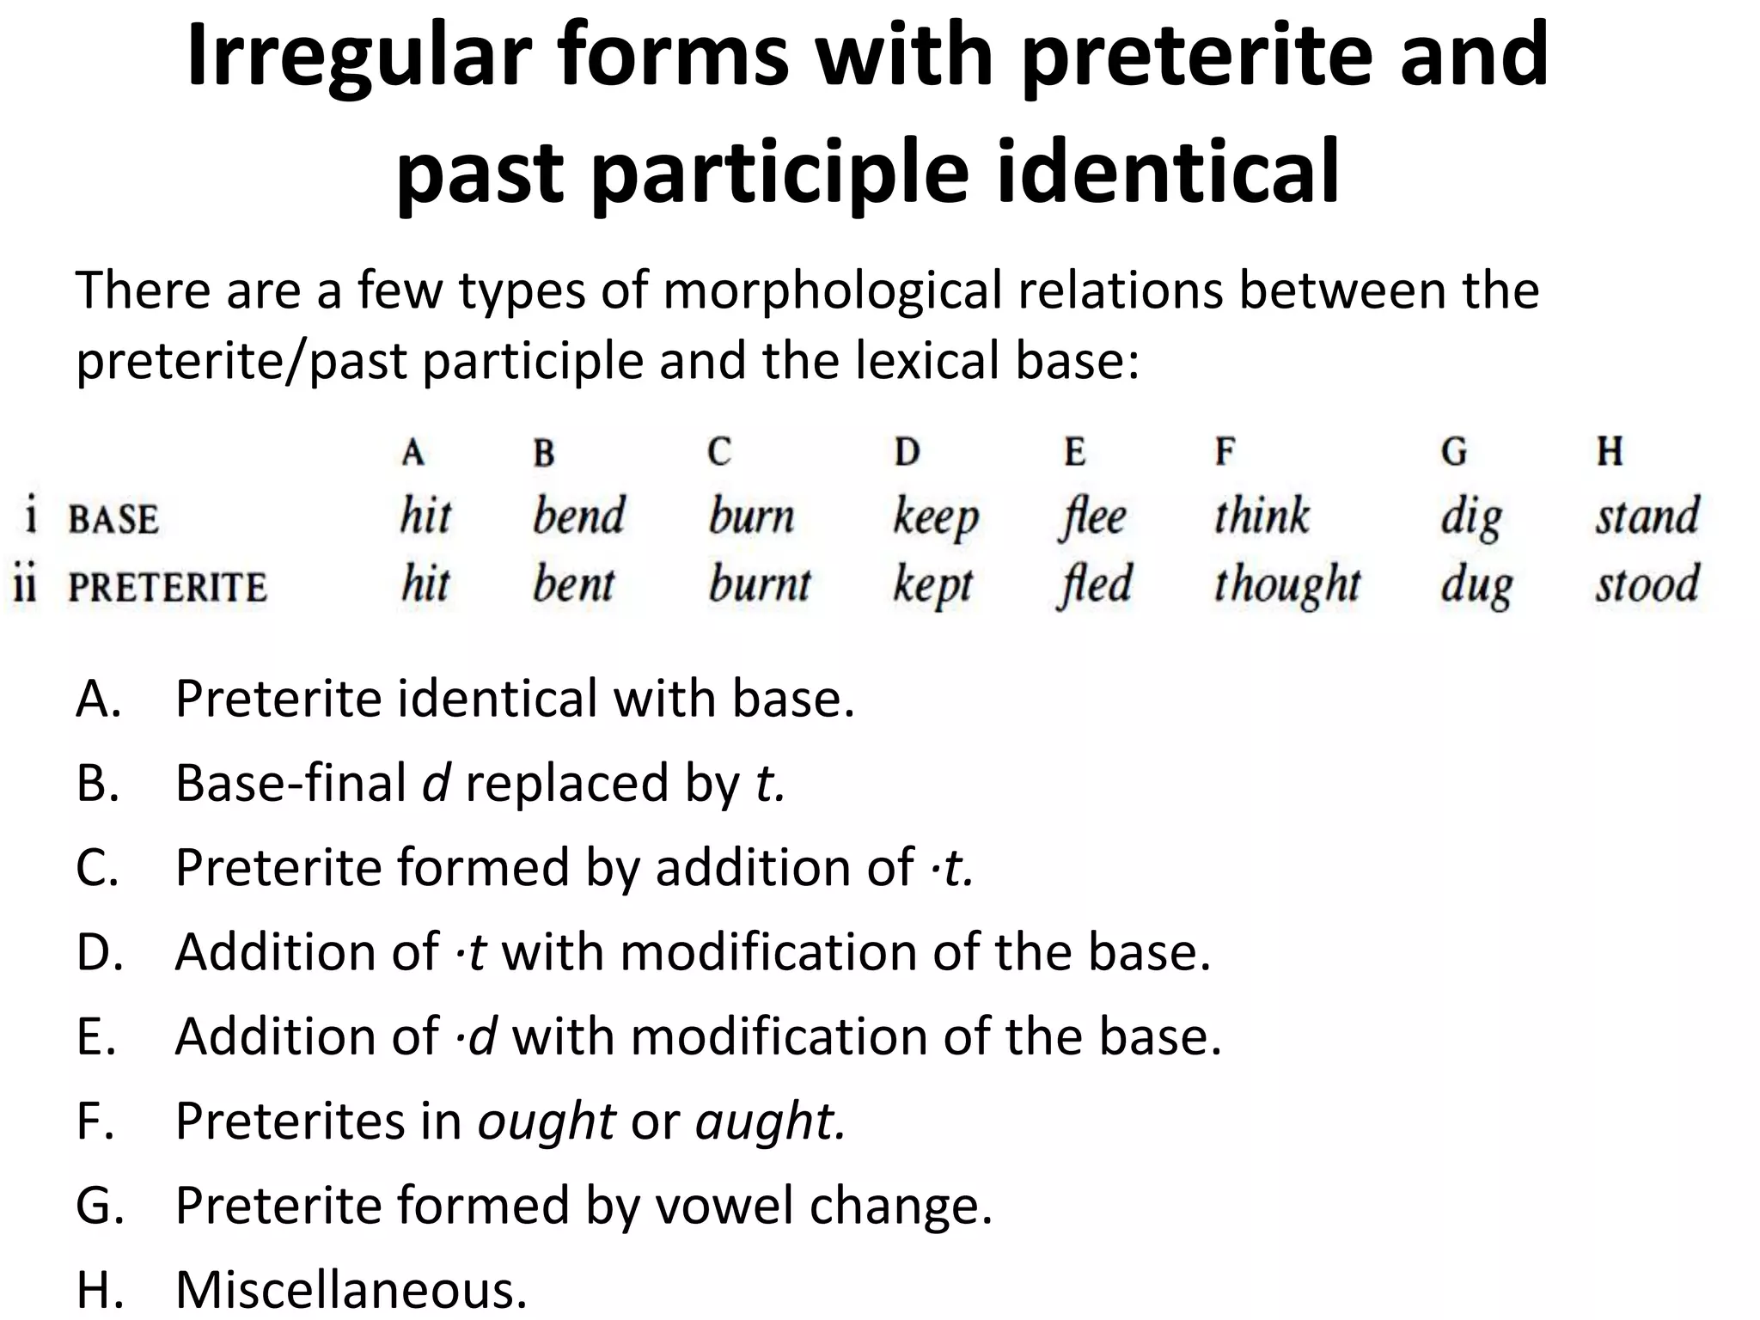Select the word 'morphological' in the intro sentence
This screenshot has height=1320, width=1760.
[831, 290]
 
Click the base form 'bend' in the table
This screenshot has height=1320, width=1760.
[578, 516]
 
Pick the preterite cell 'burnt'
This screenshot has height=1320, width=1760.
[760, 584]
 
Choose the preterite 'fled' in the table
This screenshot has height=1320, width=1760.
[1094, 584]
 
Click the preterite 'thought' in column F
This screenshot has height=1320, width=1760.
[1286, 585]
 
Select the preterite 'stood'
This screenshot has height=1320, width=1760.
[1647, 584]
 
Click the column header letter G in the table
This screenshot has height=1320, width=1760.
[1453, 451]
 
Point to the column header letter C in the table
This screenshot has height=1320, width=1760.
[719, 451]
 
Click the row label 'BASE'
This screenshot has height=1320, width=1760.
[113, 520]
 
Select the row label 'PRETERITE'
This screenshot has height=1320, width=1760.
[168, 588]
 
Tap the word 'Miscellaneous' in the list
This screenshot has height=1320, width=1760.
[351, 1289]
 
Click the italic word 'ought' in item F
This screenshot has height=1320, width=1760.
[547, 1121]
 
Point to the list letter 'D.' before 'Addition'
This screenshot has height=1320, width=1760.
[100, 952]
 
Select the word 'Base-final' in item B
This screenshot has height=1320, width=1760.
[290, 784]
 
